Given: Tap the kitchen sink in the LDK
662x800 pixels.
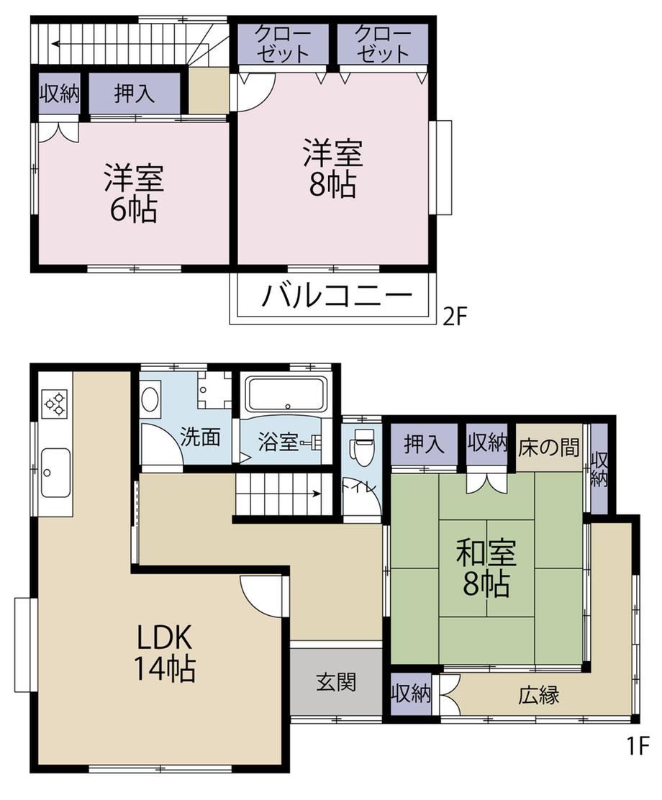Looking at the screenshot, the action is pos(55,473).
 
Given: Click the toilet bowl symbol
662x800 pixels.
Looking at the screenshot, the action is pos(363,447).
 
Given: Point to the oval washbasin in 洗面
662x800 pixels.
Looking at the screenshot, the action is pos(150,399).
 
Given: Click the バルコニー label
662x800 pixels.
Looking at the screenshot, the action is pos(337,296).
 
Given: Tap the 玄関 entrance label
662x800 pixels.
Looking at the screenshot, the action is pos(336,681).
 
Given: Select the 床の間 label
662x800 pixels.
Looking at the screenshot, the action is pos(549,447).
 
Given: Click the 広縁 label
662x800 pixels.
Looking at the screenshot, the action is pos(539,695).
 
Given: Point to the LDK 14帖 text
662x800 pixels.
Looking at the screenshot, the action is pos(164,653).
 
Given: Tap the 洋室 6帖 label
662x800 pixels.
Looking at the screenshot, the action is pos(134,193).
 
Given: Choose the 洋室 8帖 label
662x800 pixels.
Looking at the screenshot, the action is pos(332,168).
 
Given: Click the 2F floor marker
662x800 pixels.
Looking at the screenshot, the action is pos(455,317).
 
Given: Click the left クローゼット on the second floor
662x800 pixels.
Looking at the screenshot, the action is pos(283,44).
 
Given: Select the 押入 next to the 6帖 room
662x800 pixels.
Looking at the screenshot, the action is pos(135,94).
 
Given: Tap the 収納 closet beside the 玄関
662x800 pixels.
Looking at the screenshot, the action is pos(411,694).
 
